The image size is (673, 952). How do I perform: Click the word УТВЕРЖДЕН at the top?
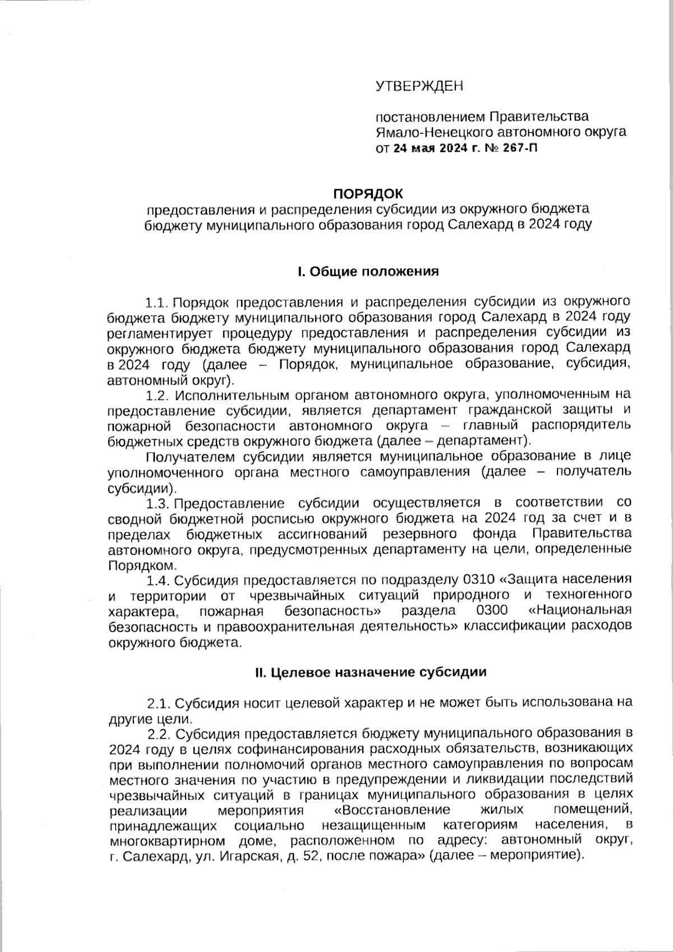click(420, 86)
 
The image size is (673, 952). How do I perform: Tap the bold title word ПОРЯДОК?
click(368, 194)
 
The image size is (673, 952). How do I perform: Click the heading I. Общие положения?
click(368, 272)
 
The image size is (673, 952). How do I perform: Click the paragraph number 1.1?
click(157, 303)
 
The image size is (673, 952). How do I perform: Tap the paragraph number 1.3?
click(157, 502)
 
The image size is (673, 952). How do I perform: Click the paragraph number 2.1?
click(158, 703)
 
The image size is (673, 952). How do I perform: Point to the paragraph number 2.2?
click(159, 733)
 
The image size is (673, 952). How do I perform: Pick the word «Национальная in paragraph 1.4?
click(580, 610)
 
